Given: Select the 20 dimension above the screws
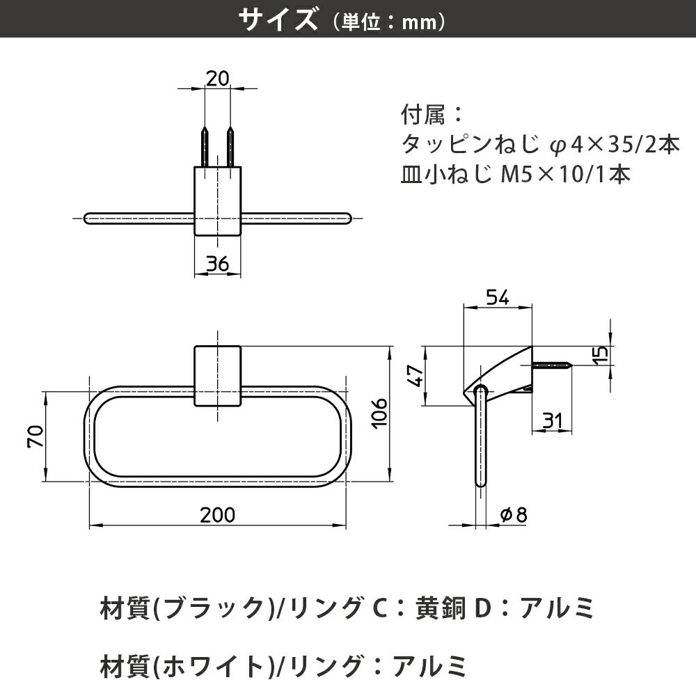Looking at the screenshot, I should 217,79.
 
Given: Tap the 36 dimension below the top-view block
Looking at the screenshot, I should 217,264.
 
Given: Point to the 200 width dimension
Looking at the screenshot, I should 217,515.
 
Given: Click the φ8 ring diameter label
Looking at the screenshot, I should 514,515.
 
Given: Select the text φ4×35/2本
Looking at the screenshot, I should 612,145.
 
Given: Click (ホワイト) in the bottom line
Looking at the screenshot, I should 214,666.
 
